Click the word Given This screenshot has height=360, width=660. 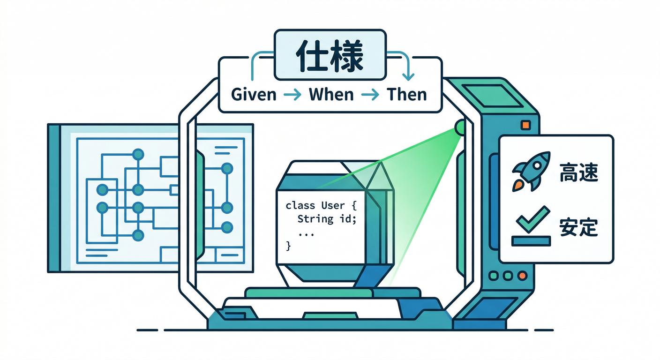[x=254, y=95]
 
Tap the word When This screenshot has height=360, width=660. [x=331, y=95]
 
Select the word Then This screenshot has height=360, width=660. [x=407, y=95]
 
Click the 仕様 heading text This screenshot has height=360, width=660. [x=330, y=56]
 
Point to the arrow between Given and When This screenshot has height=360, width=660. [x=292, y=95]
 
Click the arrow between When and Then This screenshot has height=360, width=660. [x=370, y=95]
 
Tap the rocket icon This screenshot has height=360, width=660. [x=531, y=172]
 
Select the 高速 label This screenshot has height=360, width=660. [x=579, y=172]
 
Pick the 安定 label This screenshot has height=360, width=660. [x=579, y=227]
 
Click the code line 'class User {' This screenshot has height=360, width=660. [x=321, y=205]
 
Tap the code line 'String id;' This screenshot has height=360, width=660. [x=327, y=219]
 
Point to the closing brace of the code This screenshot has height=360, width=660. [x=288, y=246]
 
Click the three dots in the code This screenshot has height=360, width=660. [x=306, y=235]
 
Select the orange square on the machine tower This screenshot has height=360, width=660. [x=525, y=125]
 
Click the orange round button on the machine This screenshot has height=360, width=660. [x=522, y=276]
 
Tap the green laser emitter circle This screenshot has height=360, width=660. [x=460, y=127]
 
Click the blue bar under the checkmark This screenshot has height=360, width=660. [x=531, y=241]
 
